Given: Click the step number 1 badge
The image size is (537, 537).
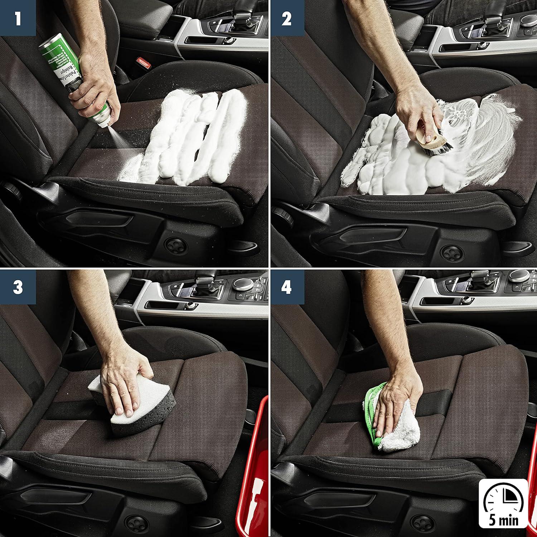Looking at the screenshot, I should tap(18, 18).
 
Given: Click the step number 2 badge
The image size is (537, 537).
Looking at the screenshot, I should tap(286, 18).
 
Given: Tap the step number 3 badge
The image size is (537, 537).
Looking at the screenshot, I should tap(18, 287).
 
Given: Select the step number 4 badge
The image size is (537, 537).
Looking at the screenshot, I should tap(286, 287).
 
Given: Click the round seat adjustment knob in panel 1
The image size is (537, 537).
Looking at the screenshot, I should tap(176, 243).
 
